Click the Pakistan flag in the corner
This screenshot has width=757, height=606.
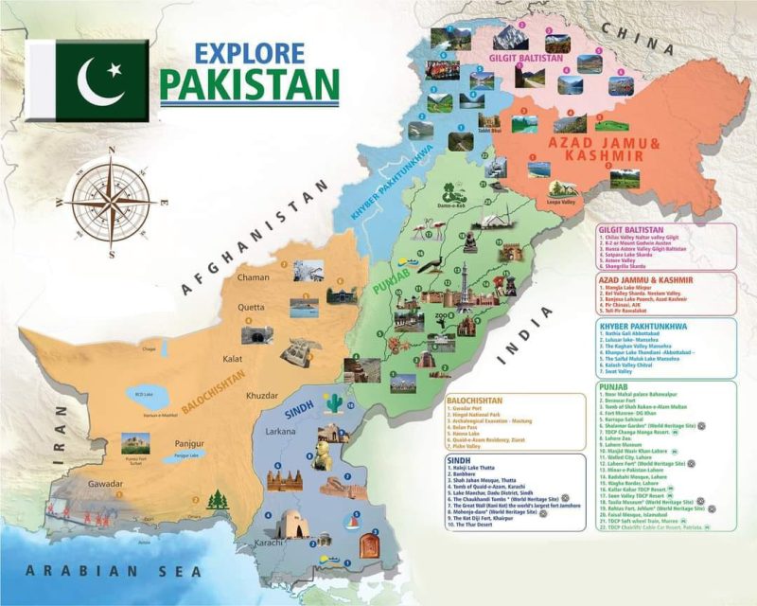87,80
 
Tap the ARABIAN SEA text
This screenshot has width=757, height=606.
114,570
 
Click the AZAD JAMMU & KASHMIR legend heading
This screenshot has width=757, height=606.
646,280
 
